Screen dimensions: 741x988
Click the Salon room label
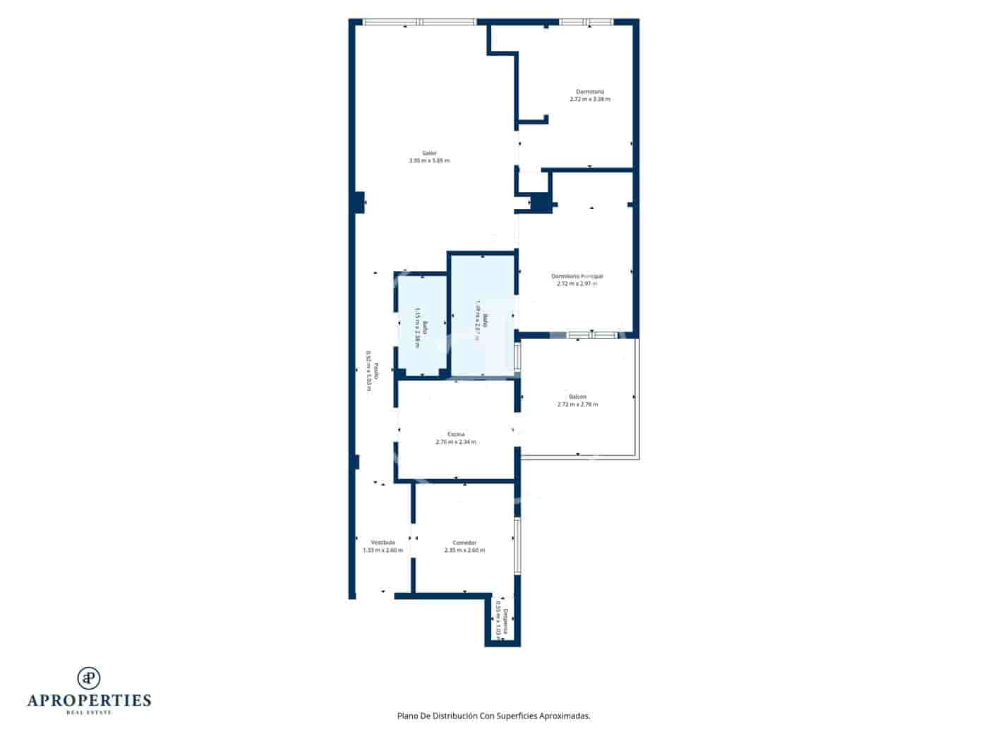pos(429,153)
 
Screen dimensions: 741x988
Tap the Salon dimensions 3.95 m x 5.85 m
pos(429,161)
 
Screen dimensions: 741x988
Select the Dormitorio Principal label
pos(577,276)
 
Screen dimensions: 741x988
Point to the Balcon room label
pos(577,397)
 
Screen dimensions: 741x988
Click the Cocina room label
pos(456,434)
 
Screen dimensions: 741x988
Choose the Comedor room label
pos(464,543)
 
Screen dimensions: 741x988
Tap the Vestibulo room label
pos(383,543)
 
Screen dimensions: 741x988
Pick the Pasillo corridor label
pos(376,372)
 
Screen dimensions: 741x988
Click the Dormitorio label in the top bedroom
pos(590,92)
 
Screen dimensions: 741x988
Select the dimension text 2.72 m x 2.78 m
pos(577,404)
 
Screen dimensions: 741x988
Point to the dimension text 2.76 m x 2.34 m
pos(456,442)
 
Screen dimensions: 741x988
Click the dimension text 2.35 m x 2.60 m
pos(464,550)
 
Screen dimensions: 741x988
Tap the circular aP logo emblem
pos(89,678)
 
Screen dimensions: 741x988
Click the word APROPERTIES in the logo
pos(89,701)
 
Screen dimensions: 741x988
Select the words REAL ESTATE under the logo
pos(89,713)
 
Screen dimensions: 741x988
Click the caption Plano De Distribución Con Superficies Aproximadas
pos(494,716)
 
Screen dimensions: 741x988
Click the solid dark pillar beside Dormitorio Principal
pos(541,203)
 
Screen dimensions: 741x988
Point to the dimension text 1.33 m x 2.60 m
pos(383,550)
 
